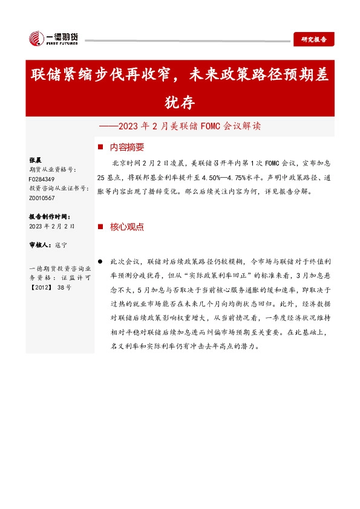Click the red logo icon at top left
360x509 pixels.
click(x=35, y=39)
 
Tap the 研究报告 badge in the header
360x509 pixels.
click(x=313, y=40)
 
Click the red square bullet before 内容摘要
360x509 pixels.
click(x=100, y=148)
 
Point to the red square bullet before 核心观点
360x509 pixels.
click(x=100, y=227)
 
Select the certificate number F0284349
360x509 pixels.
click(x=42, y=180)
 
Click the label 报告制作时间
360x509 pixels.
click(x=50, y=216)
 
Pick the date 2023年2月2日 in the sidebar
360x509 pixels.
click(x=51, y=226)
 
